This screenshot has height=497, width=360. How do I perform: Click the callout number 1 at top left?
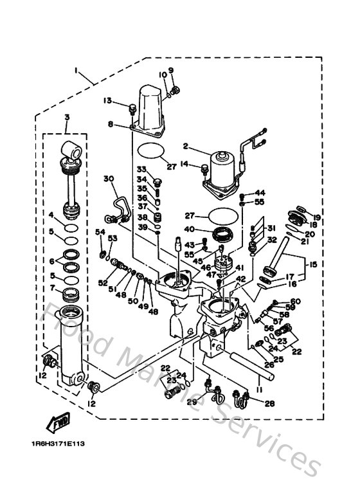pyautogui.click(x=76, y=69)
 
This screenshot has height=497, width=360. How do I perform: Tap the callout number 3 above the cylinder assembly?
pyautogui.click(x=66, y=116)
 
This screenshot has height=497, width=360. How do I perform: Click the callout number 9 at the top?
pyautogui.click(x=171, y=69)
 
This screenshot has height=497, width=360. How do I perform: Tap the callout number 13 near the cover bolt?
pyautogui.click(x=107, y=100)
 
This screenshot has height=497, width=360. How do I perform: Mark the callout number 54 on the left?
pyautogui.click(x=100, y=231)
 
